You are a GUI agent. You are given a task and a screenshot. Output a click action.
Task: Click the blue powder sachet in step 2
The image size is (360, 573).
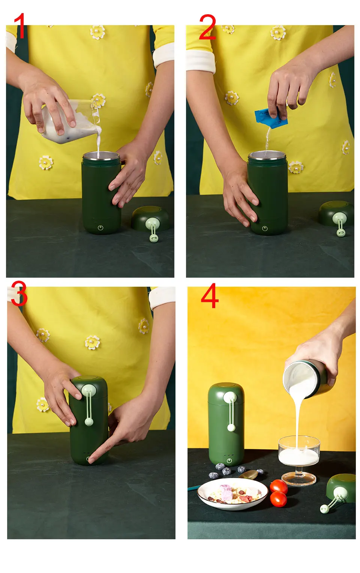click(x=271, y=118)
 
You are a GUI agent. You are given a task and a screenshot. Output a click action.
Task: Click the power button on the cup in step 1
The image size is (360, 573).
click(x=100, y=227)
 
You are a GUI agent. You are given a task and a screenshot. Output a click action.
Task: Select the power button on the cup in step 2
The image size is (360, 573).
click(x=265, y=228)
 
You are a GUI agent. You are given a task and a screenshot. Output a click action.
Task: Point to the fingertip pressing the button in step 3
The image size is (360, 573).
click(x=90, y=459)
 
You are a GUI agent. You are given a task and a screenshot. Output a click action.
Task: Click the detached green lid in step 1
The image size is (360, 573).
click(x=150, y=219)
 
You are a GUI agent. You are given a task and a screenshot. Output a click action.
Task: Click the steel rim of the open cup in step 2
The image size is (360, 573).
click(x=267, y=156)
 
